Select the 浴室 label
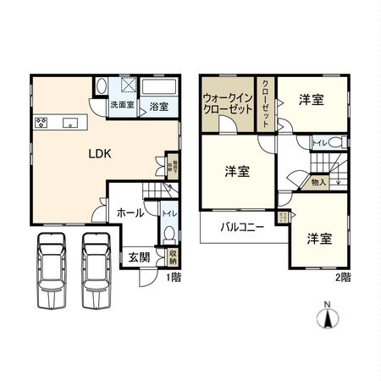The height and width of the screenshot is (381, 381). click(158, 107)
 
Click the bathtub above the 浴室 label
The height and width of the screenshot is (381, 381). click(158, 88)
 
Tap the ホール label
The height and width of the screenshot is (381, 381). click(129, 213)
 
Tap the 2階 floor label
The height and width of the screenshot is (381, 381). click(342, 277)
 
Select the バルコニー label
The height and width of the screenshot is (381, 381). click(243, 227)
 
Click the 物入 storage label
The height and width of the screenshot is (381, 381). click(318, 182)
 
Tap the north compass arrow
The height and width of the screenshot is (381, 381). click(327, 318)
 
